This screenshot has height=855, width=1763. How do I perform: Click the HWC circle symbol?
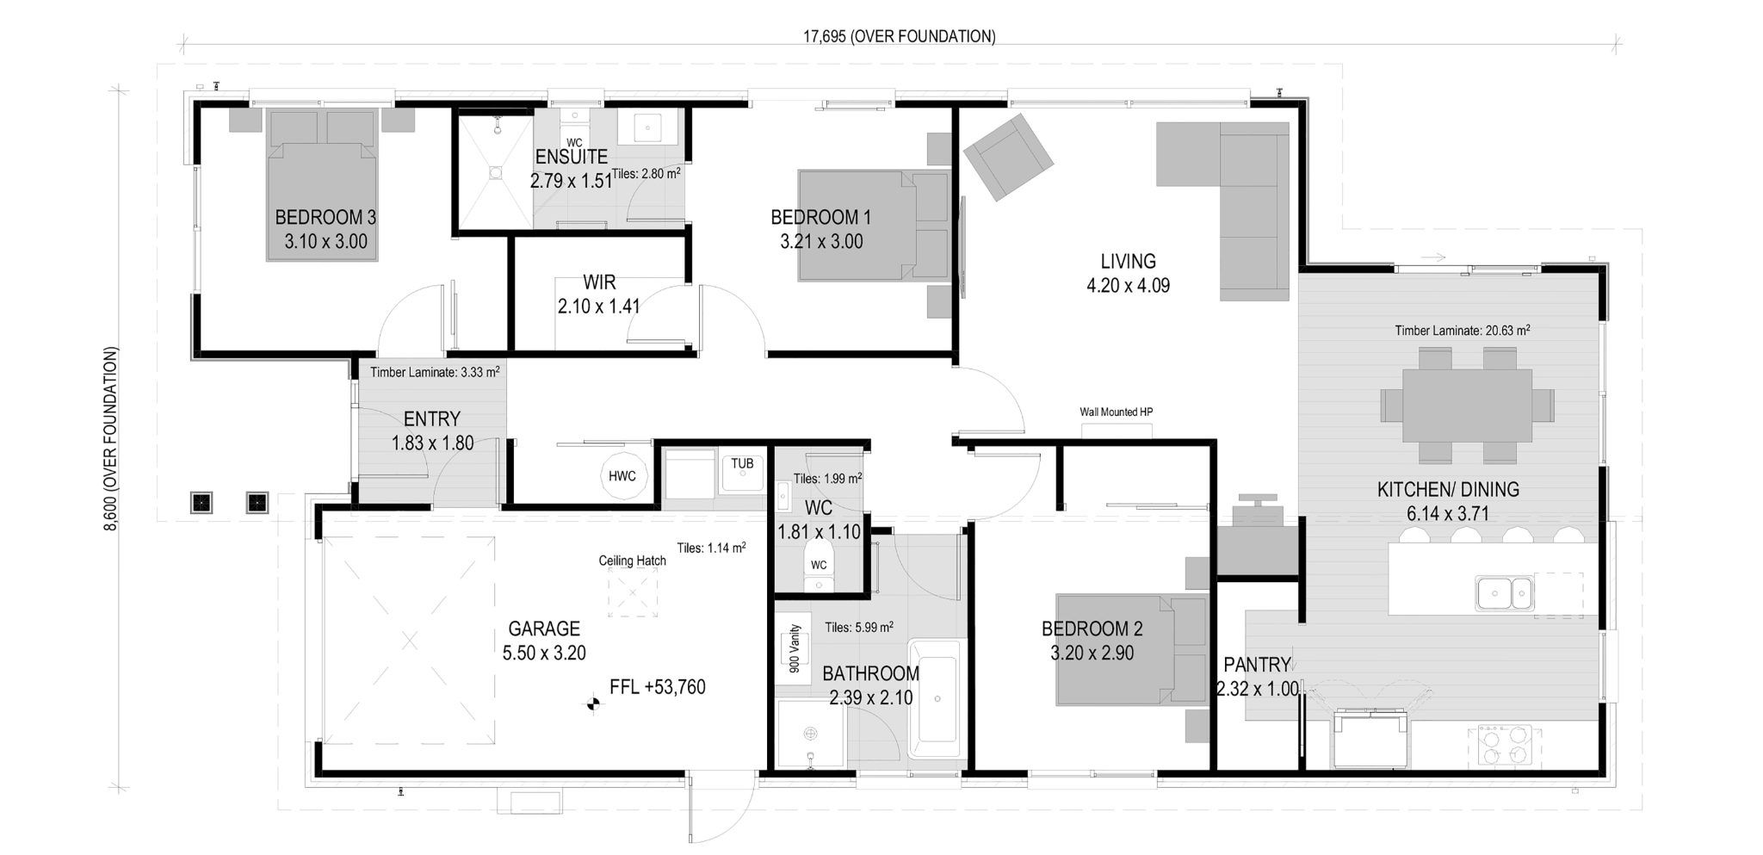point(622,476)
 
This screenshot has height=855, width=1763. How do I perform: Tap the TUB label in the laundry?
point(742,464)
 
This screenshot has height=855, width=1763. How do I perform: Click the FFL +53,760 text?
point(657,687)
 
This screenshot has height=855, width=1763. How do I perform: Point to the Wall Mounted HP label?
point(1116,412)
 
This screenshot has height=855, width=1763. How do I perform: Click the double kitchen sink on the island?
point(1505,592)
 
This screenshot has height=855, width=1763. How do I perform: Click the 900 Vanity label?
point(795,648)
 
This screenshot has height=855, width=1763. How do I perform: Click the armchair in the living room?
point(1008,157)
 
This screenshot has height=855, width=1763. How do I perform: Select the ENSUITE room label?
point(571,158)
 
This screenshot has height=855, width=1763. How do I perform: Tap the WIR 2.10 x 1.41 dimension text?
point(598,306)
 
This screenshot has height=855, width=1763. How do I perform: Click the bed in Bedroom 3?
point(323,186)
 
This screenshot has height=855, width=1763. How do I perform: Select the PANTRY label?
point(1257,665)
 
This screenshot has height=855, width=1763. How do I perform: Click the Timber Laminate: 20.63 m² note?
point(1462,331)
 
